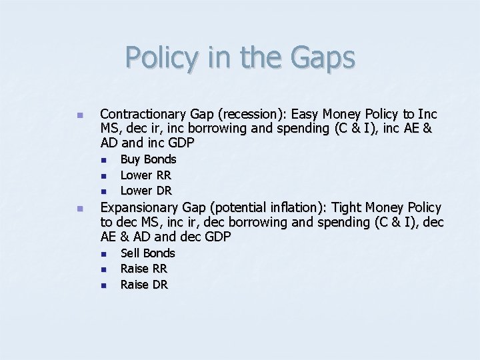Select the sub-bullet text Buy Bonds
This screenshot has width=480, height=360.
coord(148,159)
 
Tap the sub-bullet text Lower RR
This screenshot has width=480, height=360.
coord(145,175)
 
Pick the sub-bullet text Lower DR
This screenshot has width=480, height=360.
coord(145,191)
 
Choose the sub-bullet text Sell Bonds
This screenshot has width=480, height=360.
coord(147,253)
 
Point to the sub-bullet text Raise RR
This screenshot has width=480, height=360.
coord(143,269)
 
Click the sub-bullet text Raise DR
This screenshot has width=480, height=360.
coord(144,285)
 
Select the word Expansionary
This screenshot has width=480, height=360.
coord(137,208)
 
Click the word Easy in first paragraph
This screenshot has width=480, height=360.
coord(305,114)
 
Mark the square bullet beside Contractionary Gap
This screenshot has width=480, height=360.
coord(79,115)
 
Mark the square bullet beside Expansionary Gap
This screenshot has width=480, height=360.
coord(79,209)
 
